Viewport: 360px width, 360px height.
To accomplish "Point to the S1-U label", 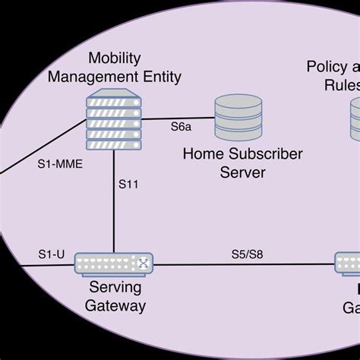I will point(50,252).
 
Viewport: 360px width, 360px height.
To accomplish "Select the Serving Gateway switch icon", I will point(114,264).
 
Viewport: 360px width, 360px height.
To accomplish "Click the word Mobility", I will point(115,58).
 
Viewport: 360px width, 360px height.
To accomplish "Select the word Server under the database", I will point(243,172).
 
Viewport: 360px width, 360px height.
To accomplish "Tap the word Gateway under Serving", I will point(116,306).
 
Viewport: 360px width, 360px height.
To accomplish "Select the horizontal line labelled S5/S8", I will point(243,265).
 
